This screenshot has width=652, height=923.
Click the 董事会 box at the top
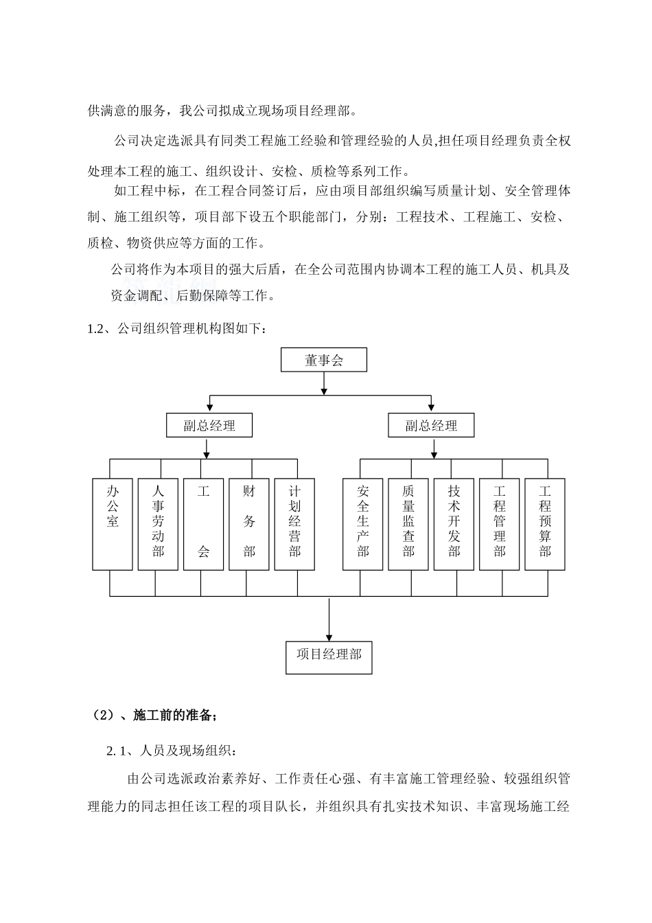pyautogui.click(x=323, y=360)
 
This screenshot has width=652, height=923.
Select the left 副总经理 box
pyautogui.click(x=209, y=425)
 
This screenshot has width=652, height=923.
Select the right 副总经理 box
pyautogui.click(x=431, y=425)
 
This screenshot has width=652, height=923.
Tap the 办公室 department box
pyautogui.click(x=113, y=523)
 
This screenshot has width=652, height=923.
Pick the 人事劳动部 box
pyautogui.click(x=158, y=523)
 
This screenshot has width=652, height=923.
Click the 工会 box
pyautogui.click(x=203, y=523)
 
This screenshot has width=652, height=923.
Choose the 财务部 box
pyautogui.click(x=248, y=523)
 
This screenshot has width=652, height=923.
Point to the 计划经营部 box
pyautogui.click(x=294, y=523)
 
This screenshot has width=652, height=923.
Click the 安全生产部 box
pyautogui.click(x=362, y=523)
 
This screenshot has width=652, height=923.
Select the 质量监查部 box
pyautogui.click(x=408, y=523)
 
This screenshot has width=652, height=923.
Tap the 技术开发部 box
pyautogui.click(x=454, y=523)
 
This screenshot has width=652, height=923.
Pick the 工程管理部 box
pyautogui.click(x=499, y=523)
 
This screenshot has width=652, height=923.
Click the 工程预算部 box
pyautogui.click(x=545, y=523)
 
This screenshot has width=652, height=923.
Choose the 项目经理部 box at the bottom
pyautogui.click(x=329, y=655)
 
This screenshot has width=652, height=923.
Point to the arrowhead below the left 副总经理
pyautogui.click(x=207, y=454)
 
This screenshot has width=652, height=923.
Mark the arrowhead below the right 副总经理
pyautogui.click(x=434, y=454)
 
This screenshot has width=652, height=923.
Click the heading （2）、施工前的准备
pyautogui.click(x=154, y=716)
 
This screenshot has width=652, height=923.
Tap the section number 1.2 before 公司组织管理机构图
pyautogui.click(x=95, y=329)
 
